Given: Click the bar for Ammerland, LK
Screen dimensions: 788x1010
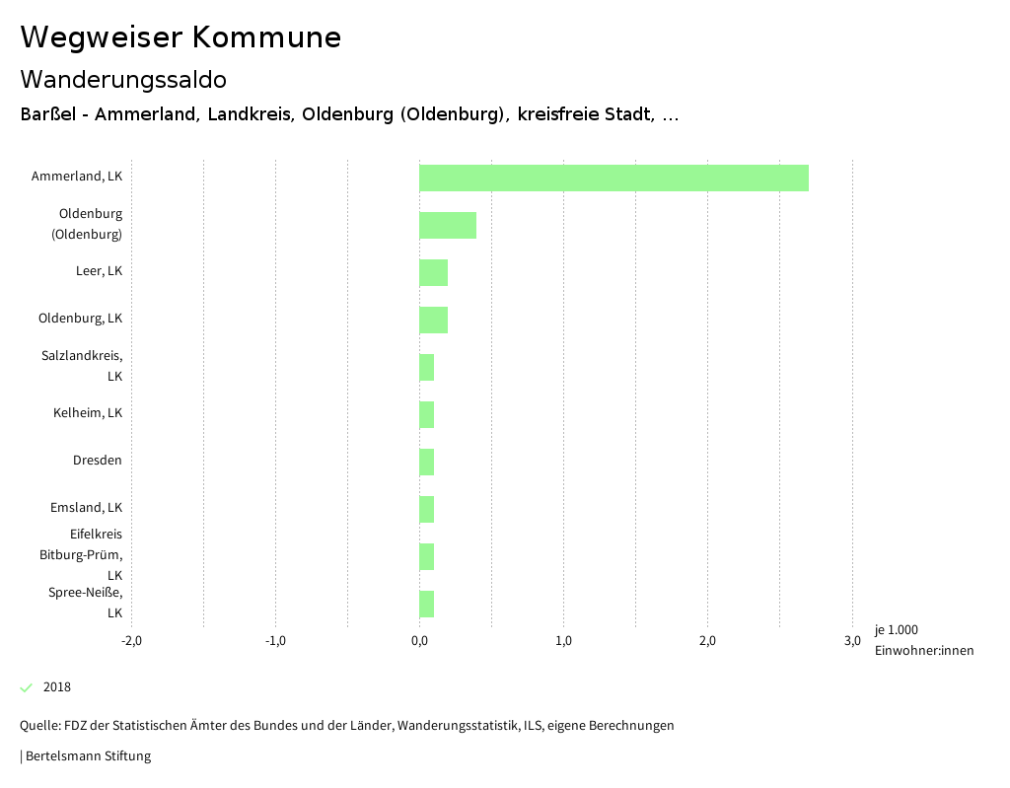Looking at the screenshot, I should [x=613, y=178].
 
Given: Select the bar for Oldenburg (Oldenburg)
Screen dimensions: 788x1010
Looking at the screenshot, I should [x=448, y=225].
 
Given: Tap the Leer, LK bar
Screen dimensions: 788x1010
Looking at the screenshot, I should [x=433, y=272].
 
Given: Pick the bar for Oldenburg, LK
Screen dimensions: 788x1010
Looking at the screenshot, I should [x=433, y=320].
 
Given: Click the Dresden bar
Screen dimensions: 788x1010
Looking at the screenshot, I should [x=426, y=462].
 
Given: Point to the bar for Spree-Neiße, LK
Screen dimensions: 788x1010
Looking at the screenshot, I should [x=426, y=604].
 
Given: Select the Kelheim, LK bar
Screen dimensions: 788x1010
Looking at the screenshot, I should [x=426, y=414].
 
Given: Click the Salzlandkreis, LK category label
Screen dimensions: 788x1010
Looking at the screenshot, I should [x=82, y=366].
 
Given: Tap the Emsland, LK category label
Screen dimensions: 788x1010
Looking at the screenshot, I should [x=86, y=508].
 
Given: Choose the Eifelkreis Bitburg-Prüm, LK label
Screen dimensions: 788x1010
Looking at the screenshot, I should [x=81, y=554].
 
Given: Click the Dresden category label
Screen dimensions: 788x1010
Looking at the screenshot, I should [x=98, y=461].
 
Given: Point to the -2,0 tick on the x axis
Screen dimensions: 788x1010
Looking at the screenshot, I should [x=131, y=641].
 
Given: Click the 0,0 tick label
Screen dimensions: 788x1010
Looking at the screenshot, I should [x=419, y=641].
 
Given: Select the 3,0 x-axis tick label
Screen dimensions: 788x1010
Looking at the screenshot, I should [x=852, y=641].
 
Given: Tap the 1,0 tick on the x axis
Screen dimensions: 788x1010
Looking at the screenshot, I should [x=563, y=641].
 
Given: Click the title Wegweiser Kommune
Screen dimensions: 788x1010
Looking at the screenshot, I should [x=180, y=37].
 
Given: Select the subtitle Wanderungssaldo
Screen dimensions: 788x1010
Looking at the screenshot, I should [x=123, y=79].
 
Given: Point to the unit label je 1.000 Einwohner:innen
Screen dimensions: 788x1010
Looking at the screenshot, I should [x=923, y=640].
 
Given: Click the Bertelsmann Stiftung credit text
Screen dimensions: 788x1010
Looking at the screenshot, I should [x=87, y=756].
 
